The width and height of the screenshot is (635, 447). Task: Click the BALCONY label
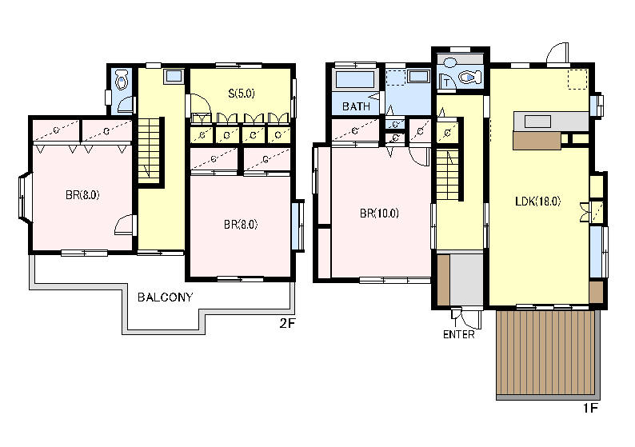coord(165,297)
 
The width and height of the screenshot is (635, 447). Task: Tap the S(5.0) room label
coord(242,94)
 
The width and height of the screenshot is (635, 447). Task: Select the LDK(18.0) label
coord(537,202)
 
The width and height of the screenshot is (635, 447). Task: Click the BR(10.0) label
coord(379,213)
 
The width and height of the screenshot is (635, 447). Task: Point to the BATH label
coord(356,106)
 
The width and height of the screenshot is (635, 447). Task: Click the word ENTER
coord(458,334)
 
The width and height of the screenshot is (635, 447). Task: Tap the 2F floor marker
coord(288,323)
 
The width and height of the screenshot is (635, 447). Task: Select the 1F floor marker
coord(590,408)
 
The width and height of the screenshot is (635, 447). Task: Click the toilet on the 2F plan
coord(122,80)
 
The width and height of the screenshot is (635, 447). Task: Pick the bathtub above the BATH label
coord(355,79)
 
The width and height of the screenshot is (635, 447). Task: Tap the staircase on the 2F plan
coord(150,151)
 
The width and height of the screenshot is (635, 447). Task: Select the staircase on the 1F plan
coord(449,175)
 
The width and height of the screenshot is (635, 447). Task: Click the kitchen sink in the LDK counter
coord(537,121)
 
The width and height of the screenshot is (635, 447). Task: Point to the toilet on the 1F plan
coord(469,77)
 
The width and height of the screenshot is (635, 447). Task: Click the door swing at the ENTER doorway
coord(471,320)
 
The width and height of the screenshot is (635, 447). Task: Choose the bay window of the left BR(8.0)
coord(23,198)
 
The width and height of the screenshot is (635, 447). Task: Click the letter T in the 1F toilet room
coord(446,83)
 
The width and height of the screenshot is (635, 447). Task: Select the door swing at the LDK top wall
coord(557,53)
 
